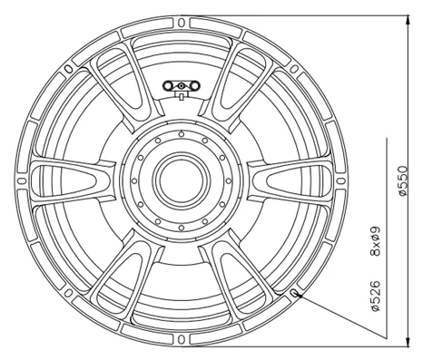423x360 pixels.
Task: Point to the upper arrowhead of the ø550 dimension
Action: pos(402,19)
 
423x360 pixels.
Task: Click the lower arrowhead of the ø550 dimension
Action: pos(402,342)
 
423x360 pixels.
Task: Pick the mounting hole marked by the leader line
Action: pos(296,293)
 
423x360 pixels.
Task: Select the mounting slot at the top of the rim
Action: pos(182,22)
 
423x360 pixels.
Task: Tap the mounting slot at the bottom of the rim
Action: pos(182,339)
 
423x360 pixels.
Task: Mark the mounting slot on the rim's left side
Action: pos(23,180)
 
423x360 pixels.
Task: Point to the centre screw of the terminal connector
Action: pos(182,87)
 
